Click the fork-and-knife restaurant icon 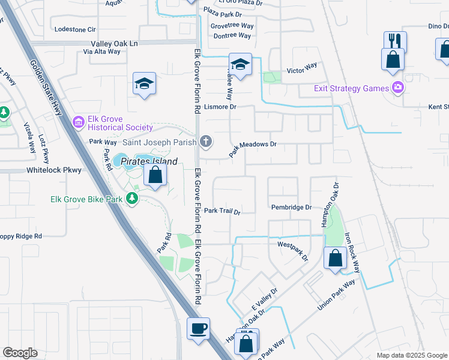pyautogui.click(x=395, y=41)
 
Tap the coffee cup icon pyautogui.click(x=198, y=329)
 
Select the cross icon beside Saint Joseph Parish pyautogui.click(x=206, y=142)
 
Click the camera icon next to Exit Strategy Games pyautogui.click(x=397, y=88)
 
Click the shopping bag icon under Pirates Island pyautogui.click(x=155, y=176)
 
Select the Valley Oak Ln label pyautogui.click(x=114, y=44)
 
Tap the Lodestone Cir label pyautogui.click(x=75, y=29)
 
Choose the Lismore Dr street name pyautogui.click(x=221, y=106)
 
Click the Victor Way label pyautogui.click(x=301, y=71)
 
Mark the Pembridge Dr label pyautogui.click(x=292, y=207)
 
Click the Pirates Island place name pyautogui.click(x=149, y=162)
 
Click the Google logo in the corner pyautogui.click(x=20, y=353)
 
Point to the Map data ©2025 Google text pyautogui.click(x=411, y=355)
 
